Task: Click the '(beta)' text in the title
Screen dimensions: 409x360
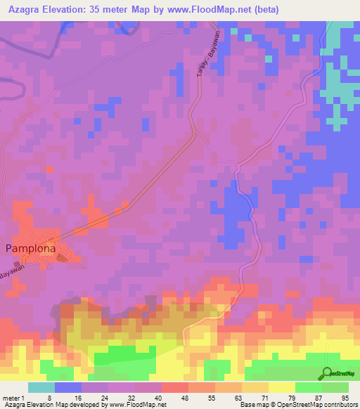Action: click(x=266, y=10)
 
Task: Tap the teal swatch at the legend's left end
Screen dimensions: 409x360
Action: click(x=41, y=387)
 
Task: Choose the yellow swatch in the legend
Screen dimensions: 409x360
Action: click(x=282, y=387)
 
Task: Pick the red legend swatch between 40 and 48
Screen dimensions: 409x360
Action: click(x=175, y=387)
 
